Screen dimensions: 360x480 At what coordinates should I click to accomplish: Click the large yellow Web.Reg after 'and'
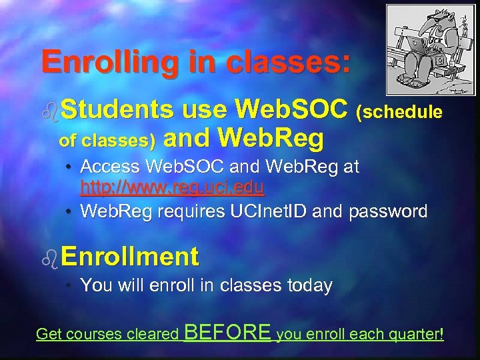271,139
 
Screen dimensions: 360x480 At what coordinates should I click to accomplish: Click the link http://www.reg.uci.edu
172,187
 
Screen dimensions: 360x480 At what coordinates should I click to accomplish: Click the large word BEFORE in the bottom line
227,331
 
